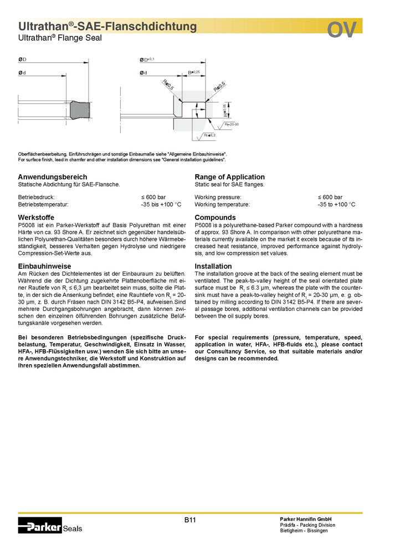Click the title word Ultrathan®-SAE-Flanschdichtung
pyautogui.click(x=108, y=26)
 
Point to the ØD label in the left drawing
pyautogui.click(x=23, y=59)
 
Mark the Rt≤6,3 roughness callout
pyautogui.click(x=209, y=135)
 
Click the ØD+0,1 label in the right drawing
pyautogui.click(x=147, y=59)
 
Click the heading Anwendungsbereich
pyautogui.click(x=53, y=177)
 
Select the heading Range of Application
pyautogui.click(x=229, y=177)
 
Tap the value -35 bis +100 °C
pyautogui.click(x=161, y=204)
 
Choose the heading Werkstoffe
pyautogui.click(x=36, y=217)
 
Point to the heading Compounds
pyautogui.click(x=215, y=217)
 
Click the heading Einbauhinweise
pyautogui.click(x=45, y=266)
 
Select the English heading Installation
pyautogui.click(x=213, y=266)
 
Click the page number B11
pyautogui.click(x=190, y=520)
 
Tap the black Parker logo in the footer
pyautogui.click(x=40, y=525)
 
